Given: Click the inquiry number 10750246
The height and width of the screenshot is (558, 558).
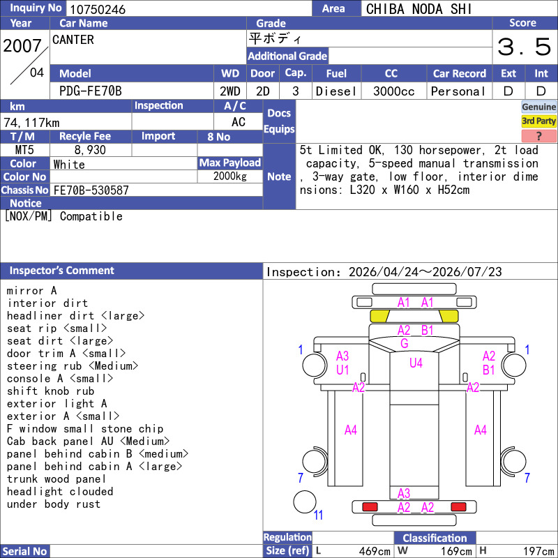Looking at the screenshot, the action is coord(98,9).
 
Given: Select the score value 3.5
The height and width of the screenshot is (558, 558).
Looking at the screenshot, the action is coord(525,47).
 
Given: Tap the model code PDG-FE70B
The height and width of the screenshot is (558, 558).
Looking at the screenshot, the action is coord(91,91).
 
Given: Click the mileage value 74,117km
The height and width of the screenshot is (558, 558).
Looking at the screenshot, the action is coord(31,123).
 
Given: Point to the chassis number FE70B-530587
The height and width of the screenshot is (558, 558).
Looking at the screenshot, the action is coord(91,190).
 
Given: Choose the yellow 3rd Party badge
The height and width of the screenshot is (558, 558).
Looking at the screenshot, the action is coord(538,121).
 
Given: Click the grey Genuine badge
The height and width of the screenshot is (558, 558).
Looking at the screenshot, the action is coord(538,107).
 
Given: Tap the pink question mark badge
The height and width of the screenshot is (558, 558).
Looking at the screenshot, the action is coord(538,136).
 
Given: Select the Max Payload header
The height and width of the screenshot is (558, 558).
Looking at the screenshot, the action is coord(230,163).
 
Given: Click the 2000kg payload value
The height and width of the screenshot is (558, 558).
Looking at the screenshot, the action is coord(230,176).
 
